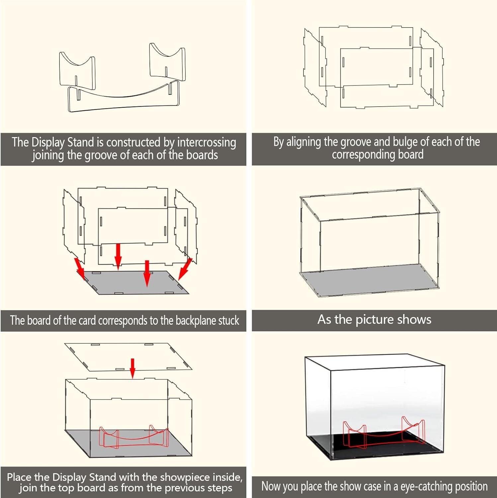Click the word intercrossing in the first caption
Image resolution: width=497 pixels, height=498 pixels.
tap(207, 142)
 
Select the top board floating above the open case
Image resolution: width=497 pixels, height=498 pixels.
tap(128, 357)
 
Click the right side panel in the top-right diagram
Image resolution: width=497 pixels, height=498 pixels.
tap(432, 66)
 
